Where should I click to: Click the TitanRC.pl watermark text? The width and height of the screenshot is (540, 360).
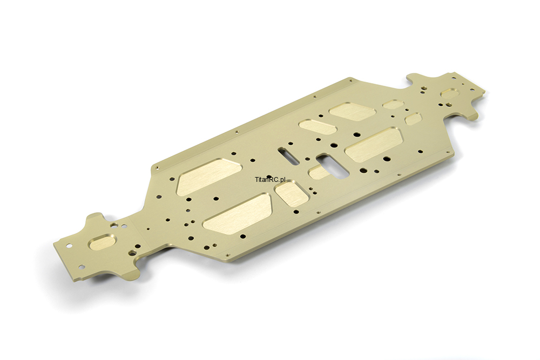point(271,179)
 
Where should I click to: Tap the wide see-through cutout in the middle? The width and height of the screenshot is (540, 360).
point(333,165)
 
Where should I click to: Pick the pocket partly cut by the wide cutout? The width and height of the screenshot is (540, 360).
point(319,172)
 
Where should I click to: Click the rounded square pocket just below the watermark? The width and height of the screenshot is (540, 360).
point(292,194)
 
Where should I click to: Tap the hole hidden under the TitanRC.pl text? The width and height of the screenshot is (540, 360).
point(269,177)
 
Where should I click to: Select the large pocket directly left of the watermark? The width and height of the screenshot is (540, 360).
point(209,176)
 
